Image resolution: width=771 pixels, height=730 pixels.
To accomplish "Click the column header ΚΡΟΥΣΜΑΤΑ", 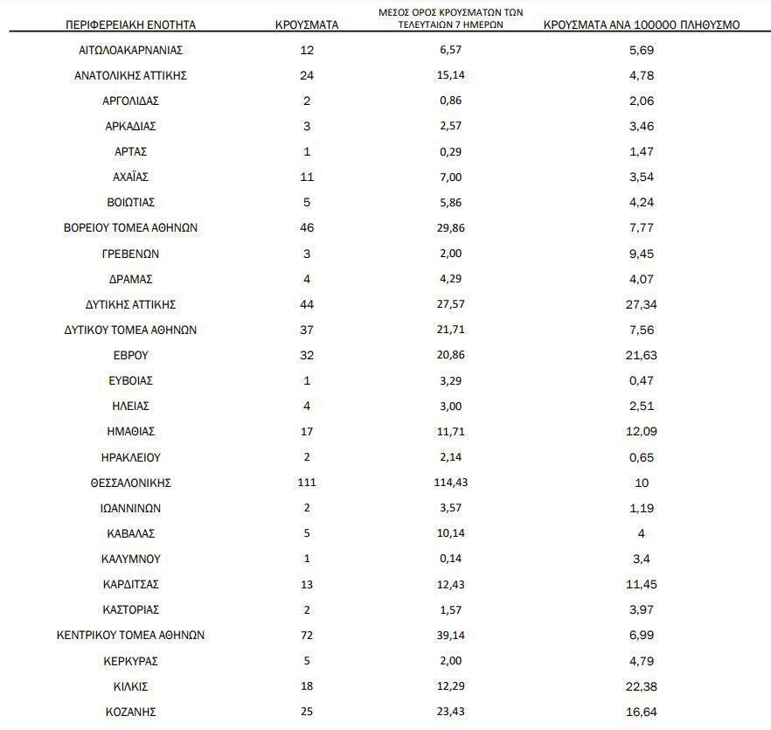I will click(x=306, y=24).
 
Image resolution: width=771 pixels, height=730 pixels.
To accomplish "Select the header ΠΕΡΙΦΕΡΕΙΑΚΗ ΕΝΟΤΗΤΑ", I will click(x=131, y=24).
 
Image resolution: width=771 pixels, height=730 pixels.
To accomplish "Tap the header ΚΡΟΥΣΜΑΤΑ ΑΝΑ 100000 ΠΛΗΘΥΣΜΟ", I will click(x=642, y=24).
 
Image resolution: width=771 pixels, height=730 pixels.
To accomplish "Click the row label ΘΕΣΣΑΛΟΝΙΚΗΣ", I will click(x=131, y=483).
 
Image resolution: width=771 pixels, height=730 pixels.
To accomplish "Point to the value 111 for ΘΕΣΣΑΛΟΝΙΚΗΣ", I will click(x=306, y=483).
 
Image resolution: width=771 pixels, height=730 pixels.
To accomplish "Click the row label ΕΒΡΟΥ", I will click(x=131, y=355).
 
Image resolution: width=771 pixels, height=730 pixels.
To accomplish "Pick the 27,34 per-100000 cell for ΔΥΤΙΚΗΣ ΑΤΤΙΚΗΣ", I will click(x=642, y=304).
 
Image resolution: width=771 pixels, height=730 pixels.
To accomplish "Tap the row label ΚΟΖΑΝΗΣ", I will click(x=131, y=712).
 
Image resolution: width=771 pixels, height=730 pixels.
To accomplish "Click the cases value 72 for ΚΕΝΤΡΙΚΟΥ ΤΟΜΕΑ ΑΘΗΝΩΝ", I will click(x=306, y=635).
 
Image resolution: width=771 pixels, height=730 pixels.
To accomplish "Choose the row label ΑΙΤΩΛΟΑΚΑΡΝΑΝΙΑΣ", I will click(x=131, y=50).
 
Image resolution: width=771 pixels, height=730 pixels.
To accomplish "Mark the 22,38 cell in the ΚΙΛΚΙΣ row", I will click(x=642, y=686).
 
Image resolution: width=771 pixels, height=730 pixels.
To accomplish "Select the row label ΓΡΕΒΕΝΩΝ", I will click(x=131, y=254).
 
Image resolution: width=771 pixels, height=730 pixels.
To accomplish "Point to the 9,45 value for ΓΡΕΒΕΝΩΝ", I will click(x=642, y=254).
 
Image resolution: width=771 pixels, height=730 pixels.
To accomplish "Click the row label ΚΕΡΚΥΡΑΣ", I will click(x=131, y=661).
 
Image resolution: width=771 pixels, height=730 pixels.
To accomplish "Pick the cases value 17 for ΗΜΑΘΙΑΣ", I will click(x=306, y=432).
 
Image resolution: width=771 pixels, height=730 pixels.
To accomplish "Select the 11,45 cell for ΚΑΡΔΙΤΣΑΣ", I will click(x=642, y=584).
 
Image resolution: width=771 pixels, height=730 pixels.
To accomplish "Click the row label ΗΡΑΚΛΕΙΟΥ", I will click(x=131, y=457).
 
